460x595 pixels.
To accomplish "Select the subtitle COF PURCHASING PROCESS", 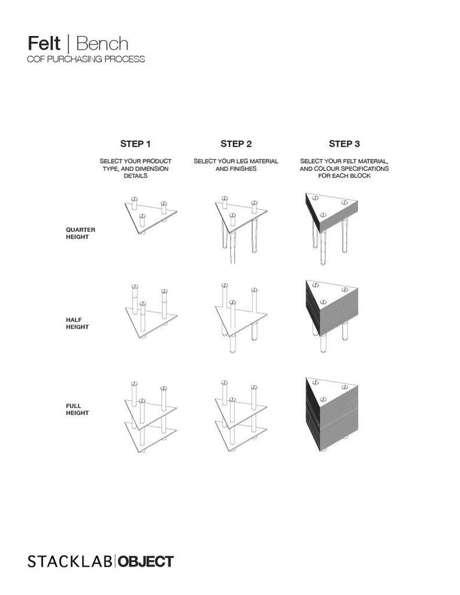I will point(86,59).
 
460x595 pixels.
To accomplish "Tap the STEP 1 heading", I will point(135,144).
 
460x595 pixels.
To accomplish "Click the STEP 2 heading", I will point(236,144).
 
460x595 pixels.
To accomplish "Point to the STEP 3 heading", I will point(344,144).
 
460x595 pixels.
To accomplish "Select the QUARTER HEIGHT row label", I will point(80,233).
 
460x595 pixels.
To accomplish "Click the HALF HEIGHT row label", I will point(77,323).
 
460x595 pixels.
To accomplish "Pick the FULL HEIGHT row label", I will point(77,409).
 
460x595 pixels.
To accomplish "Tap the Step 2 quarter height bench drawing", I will point(240,228).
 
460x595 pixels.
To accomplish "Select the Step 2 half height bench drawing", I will point(240,315).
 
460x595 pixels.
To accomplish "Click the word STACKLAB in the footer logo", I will point(70,561).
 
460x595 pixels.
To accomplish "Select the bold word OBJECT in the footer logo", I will point(146,561).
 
